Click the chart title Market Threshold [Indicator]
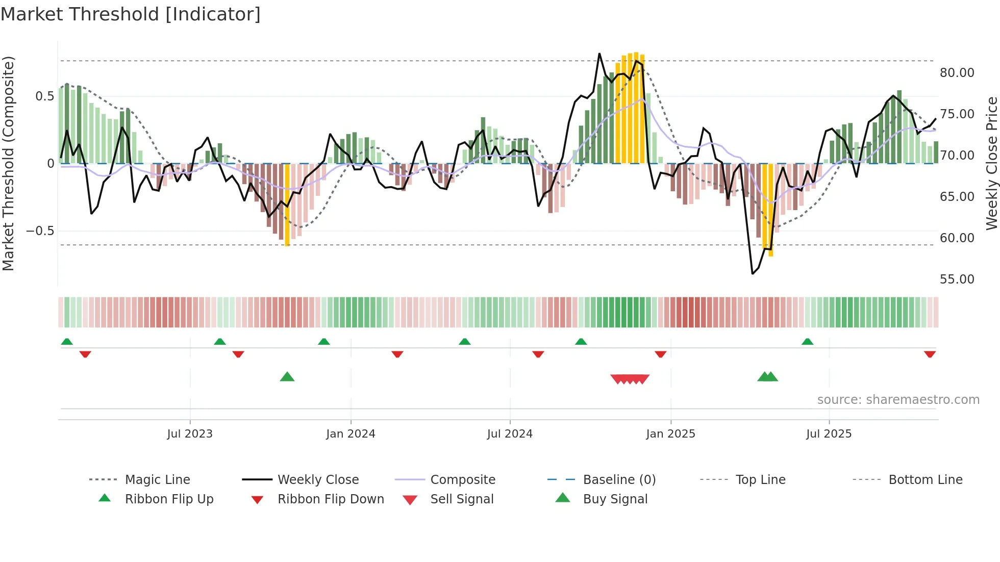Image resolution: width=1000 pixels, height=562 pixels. point(131,14)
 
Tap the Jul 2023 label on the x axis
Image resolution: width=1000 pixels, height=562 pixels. point(190,434)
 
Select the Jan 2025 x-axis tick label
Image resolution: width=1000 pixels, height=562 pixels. point(670,434)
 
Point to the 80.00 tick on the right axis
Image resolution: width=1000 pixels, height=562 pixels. point(957,73)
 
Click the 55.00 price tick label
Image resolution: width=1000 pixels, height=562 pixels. point(957,279)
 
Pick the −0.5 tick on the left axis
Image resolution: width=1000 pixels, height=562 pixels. point(40,231)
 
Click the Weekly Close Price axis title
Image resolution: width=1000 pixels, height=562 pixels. point(991,163)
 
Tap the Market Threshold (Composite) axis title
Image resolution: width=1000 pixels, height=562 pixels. point(8,163)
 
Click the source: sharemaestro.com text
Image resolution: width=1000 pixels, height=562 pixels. point(898,400)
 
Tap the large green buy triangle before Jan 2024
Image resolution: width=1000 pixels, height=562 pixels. point(287,377)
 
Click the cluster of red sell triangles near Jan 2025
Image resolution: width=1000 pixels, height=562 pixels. point(630,379)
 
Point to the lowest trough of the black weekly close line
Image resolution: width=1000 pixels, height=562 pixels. point(753,273)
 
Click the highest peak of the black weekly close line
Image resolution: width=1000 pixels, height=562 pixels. point(599,54)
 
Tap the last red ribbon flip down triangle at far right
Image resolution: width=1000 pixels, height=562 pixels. point(930,354)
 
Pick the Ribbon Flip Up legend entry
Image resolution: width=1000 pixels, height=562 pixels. point(169,499)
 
